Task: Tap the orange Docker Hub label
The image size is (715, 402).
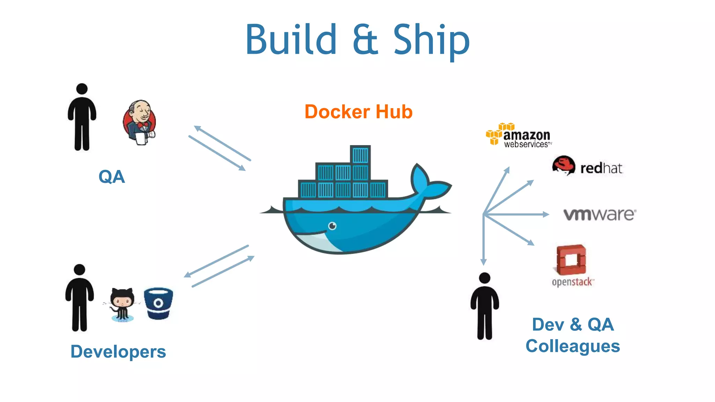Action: coord(359,112)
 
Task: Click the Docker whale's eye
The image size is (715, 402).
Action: coord(332,226)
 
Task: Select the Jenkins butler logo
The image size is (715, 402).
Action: coord(140,122)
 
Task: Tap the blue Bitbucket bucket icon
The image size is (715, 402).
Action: coord(159,303)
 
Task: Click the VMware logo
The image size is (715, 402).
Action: coord(599,214)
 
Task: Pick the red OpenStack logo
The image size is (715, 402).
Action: coord(572,260)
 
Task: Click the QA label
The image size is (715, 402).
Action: coord(111,177)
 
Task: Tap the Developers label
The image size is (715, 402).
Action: coord(118,351)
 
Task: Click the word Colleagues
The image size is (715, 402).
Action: coord(573,346)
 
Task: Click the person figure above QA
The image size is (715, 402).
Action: coord(82,117)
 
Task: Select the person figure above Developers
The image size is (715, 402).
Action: coord(80,298)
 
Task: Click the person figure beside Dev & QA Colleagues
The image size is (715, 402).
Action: coord(485,306)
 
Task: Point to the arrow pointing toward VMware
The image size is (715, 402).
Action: coord(517,214)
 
